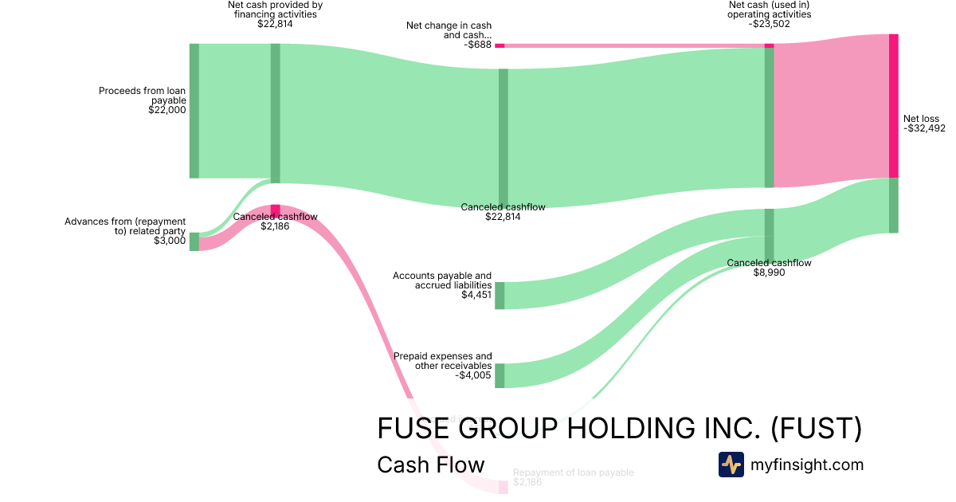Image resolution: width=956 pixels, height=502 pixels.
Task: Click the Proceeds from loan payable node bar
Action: (x=194, y=111)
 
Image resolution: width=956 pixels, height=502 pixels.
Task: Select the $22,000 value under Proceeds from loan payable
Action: (x=167, y=111)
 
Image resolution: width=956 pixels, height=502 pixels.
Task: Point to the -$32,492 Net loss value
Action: (x=924, y=128)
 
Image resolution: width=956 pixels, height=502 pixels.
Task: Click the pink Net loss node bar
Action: (x=893, y=106)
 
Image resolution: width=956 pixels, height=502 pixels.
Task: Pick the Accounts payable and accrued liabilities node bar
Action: (x=500, y=295)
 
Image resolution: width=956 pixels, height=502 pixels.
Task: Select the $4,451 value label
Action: (x=476, y=295)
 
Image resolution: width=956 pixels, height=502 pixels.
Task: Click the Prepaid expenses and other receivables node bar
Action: (x=500, y=375)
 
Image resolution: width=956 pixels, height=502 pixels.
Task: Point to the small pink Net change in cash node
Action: (x=500, y=45)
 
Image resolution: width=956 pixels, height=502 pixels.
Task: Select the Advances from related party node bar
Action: (x=194, y=241)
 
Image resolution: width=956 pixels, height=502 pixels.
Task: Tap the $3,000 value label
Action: (x=170, y=241)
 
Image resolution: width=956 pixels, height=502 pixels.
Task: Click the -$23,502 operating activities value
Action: (x=770, y=24)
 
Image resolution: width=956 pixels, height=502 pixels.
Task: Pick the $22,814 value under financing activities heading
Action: (x=275, y=24)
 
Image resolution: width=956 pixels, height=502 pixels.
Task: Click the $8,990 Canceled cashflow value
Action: (x=769, y=273)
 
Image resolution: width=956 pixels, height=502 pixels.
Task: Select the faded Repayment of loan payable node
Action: (x=503, y=487)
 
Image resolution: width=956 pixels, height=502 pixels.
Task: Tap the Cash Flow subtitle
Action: (x=430, y=465)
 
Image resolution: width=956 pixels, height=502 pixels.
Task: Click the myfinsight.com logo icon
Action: (x=731, y=465)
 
